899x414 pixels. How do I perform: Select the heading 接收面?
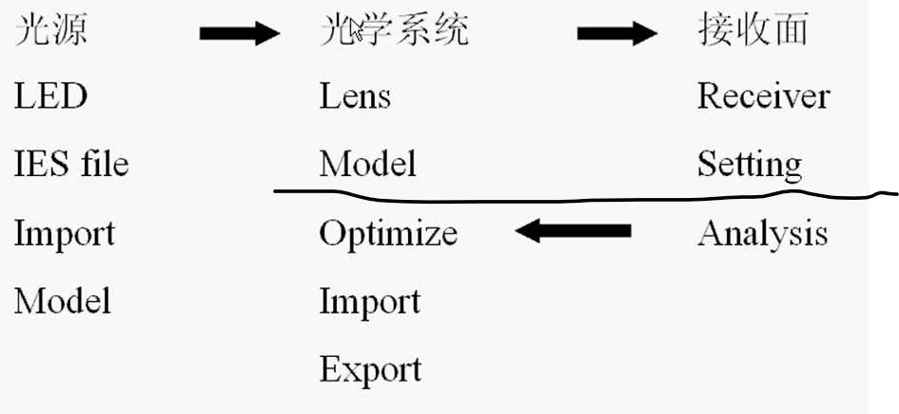(752, 30)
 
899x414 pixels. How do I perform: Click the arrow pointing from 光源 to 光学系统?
(240, 35)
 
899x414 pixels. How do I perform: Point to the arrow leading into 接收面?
(617, 35)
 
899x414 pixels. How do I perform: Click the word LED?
(50, 96)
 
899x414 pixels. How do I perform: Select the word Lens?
(355, 96)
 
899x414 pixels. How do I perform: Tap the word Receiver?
(763, 96)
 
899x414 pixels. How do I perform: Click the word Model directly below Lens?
(368, 165)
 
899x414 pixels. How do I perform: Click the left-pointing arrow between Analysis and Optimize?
(574, 230)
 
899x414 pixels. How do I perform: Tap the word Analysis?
(762, 234)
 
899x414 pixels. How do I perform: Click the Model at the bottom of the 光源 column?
(62, 302)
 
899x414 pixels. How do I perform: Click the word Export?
(370, 369)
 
